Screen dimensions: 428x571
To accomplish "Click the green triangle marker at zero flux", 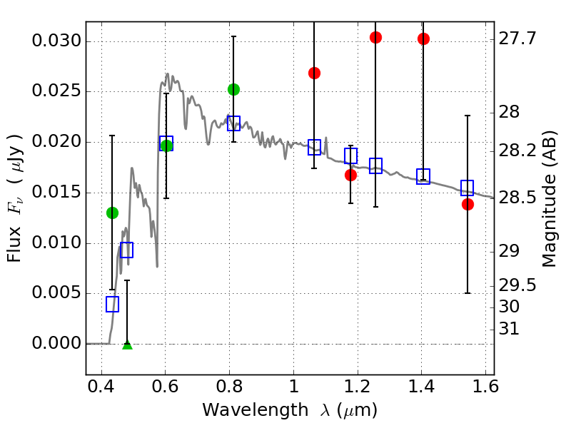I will (127, 345).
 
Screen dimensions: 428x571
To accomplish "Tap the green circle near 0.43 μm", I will (112, 213).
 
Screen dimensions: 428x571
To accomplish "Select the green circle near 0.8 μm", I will (233, 89).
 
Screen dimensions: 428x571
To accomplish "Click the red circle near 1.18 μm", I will (350, 175).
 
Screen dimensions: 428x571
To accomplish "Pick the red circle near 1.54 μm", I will (468, 204).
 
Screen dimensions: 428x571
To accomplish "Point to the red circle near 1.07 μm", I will (314, 73).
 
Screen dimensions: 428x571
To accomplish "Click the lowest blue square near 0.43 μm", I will (112, 304).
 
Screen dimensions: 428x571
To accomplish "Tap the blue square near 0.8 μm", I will (233, 123).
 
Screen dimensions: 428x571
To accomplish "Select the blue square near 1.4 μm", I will (423, 177).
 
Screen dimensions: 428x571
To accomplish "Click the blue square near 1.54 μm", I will (468, 188).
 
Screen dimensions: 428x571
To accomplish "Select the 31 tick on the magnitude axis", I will (509, 330).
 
